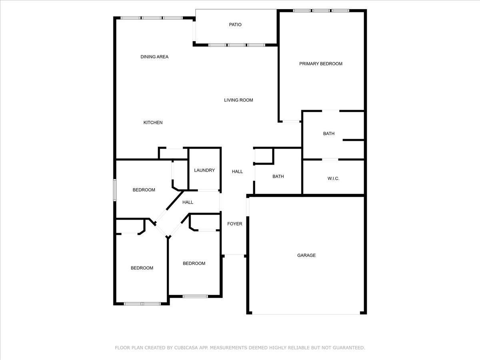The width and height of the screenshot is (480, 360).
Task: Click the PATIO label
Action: click(235, 25)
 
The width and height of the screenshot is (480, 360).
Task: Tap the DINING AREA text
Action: click(154, 57)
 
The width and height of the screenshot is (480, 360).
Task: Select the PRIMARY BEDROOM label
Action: click(320, 64)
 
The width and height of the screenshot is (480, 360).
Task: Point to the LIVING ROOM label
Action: click(238, 100)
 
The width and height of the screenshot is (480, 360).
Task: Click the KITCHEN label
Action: click(153, 123)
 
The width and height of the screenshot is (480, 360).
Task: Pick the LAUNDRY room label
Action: click(204, 170)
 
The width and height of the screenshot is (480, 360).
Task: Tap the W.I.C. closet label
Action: click(333, 178)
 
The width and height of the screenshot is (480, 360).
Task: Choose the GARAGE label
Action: click(306, 255)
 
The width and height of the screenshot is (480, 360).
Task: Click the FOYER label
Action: click(235, 224)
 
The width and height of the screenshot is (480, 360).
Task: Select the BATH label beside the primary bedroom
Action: click(329, 134)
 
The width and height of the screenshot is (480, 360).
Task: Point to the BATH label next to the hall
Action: click(278, 176)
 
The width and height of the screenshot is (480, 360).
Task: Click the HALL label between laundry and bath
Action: click(237, 172)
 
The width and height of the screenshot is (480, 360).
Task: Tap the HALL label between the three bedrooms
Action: click(188, 202)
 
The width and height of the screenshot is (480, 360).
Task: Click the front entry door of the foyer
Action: click(234, 255)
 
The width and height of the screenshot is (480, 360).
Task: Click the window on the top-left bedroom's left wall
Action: click(114, 190)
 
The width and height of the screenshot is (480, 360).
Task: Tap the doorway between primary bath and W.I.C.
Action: click(330, 159)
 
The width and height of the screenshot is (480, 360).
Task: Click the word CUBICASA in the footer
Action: click(185, 348)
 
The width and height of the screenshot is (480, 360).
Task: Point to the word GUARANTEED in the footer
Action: click(349, 348)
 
